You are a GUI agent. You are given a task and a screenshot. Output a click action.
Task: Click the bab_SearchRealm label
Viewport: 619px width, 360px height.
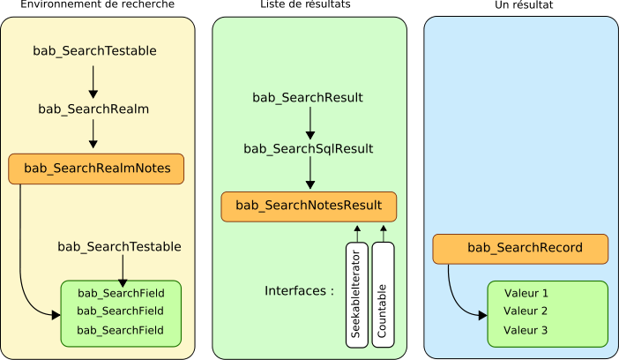(93, 109)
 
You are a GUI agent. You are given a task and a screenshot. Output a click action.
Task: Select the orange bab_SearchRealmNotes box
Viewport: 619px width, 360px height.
(96, 169)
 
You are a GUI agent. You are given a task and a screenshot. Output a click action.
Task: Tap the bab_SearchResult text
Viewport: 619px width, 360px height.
(308, 98)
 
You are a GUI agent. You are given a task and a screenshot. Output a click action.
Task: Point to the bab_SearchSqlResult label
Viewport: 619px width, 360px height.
(308, 149)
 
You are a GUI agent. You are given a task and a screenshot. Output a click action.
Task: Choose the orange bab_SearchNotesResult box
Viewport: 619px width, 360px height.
(309, 206)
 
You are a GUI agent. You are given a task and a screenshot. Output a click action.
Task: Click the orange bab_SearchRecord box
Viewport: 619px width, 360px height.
(520, 248)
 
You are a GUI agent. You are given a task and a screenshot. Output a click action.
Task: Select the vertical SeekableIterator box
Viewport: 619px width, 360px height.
(356, 295)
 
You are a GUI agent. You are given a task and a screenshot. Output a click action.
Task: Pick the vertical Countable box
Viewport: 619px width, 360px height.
(383, 295)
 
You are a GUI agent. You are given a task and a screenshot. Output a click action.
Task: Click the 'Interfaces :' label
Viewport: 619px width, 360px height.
(299, 291)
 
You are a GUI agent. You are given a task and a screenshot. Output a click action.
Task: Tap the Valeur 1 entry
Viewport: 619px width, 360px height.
(526, 293)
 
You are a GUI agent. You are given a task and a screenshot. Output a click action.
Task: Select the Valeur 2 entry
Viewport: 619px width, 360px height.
(526, 311)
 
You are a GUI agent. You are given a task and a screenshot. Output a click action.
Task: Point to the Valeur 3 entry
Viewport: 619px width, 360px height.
(526, 330)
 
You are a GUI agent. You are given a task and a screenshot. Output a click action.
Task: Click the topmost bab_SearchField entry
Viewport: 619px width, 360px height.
(121, 293)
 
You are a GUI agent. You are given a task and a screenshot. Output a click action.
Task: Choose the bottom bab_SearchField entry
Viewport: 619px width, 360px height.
(121, 330)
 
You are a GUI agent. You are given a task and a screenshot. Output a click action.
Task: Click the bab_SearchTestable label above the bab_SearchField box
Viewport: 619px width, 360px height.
(119, 247)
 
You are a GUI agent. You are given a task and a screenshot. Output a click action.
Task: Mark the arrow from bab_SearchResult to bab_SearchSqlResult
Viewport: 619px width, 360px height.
(309, 124)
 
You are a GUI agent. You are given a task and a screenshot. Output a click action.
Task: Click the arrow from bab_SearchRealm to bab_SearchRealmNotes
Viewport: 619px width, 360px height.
(93, 133)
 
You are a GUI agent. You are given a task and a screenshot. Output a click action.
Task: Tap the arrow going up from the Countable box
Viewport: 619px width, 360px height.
(384, 233)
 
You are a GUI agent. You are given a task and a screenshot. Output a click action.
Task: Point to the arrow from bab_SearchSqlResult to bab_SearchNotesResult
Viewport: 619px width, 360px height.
(309, 174)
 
